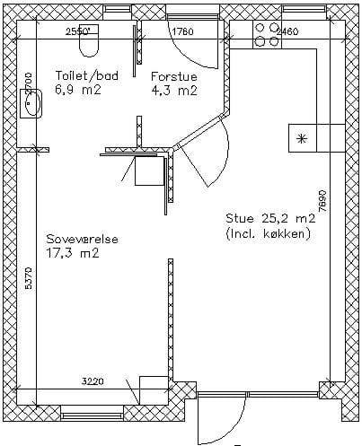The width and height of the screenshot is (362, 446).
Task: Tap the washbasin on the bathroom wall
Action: click(31, 103)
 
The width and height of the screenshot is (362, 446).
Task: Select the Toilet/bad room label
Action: click(87, 75)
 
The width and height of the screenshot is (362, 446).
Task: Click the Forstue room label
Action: click(174, 76)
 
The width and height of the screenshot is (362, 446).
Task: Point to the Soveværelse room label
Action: click(82, 240)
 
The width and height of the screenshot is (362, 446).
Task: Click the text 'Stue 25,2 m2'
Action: click(270, 218)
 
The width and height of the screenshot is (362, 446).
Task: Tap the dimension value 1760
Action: click(183, 31)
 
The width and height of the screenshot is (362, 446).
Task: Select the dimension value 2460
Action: click(287, 31)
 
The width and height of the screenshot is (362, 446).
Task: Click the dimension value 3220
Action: click(93, 381)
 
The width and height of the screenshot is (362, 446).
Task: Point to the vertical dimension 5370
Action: click(28, 277)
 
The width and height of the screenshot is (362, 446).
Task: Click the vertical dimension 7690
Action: click(322, 201)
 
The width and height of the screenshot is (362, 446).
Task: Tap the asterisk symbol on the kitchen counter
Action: click(302, 139)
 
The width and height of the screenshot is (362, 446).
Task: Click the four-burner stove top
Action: click(268, 35)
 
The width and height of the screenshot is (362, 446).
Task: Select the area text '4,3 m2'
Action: click(174, 91)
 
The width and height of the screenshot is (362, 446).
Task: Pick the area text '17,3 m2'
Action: click(73, 253)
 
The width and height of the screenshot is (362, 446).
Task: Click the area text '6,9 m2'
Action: click(78, 90)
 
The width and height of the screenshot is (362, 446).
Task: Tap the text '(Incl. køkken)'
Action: click(269, 233)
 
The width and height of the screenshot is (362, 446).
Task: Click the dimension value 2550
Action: click(77, 31)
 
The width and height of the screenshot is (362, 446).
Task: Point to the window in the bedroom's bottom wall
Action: click(93, 416)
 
